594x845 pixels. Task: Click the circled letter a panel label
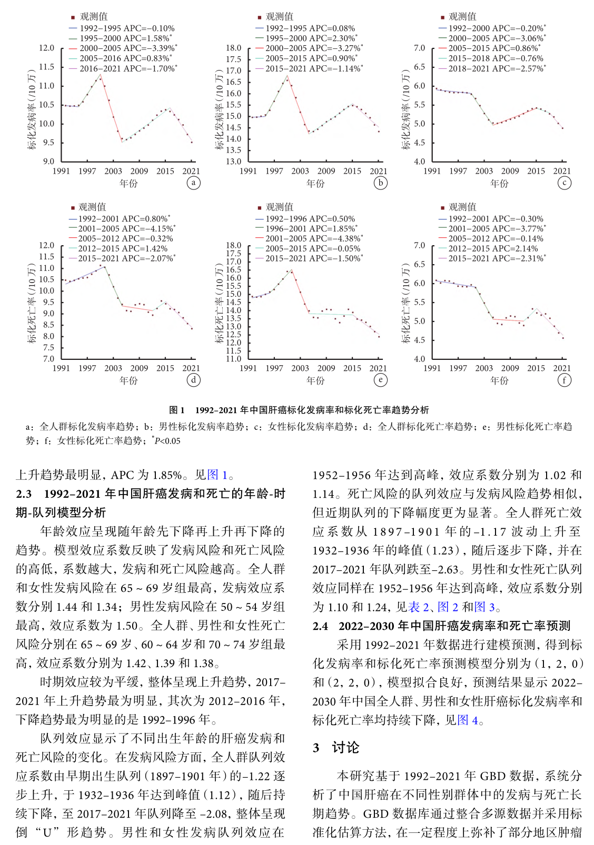click(x=193, y=183)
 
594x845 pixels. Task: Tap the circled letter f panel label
click(x=564, y=380)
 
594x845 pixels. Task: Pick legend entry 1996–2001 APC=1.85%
click(x=311, y=228)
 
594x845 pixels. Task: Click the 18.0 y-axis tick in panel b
click(x=233, y=48)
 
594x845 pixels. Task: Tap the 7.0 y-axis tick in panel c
click(x=419, y=48)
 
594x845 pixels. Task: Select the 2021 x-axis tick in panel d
click(x=191, y=368)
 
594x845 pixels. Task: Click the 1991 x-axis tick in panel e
click(x=248, y=368)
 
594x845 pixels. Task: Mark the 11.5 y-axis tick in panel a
click(x=47, y=67)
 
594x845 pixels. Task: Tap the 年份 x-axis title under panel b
click(x=315, y=183)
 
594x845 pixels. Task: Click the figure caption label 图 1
click(x=176, y=410)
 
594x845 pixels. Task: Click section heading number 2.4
click(x=320, y=626)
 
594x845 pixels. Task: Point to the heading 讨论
click(x=345, y=748)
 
